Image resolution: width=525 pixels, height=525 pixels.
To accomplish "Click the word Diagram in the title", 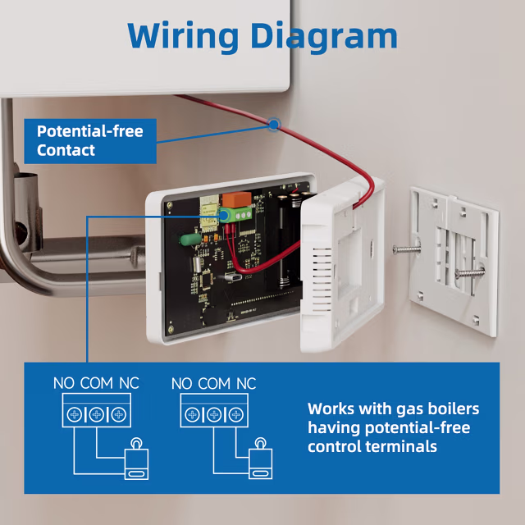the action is (324, 36).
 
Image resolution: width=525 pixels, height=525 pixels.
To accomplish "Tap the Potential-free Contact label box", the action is (90, 141).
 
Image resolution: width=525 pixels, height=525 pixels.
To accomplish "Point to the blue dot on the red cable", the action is (274, 125).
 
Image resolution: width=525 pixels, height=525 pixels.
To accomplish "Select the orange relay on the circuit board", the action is (237, 199).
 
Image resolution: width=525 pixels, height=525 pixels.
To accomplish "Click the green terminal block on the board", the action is (235, 214).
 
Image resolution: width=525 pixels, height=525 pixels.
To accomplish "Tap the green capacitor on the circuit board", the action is (189, 239).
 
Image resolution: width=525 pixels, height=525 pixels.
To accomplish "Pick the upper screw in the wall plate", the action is (406, 249).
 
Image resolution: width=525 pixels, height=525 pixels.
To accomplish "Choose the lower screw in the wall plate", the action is (469, 272).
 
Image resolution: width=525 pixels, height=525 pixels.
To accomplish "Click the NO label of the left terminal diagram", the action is (64, 383).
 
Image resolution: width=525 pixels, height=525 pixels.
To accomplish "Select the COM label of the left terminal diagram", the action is (97, 383).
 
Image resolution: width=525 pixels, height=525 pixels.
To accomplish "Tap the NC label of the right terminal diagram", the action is (246, 383).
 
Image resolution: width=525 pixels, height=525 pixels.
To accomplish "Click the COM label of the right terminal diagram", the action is (214, 383).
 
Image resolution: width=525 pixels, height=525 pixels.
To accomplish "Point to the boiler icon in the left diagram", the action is (136, 459).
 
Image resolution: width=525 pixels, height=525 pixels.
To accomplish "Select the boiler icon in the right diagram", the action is (261, 459).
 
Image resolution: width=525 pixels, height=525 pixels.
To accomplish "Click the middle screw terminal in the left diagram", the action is (97, 415).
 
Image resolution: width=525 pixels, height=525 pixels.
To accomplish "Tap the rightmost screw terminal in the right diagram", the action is (235, 415).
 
